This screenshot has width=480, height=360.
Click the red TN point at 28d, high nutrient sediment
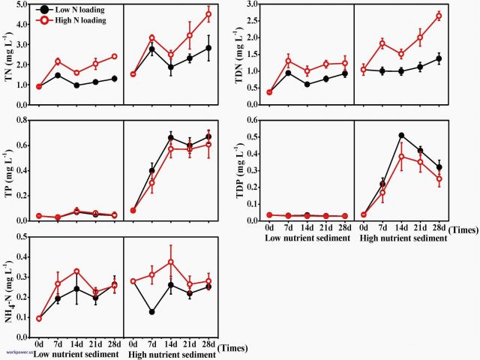pos(208,14)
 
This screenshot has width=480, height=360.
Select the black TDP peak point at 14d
pos(401,136)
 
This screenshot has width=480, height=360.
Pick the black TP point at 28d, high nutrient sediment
pos(208,137)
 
